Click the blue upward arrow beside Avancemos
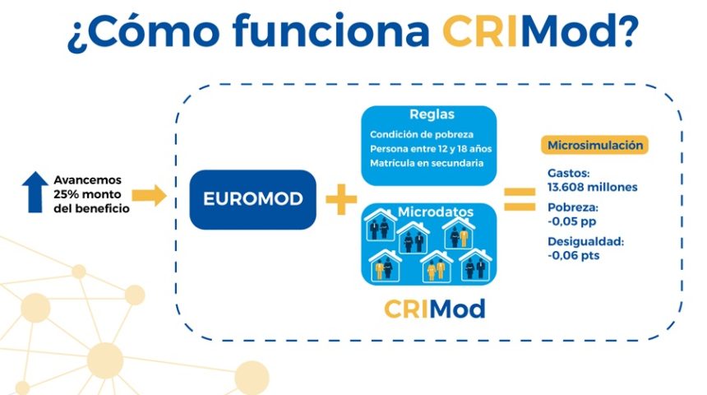coord(35,193)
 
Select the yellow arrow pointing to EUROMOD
coord(150,195)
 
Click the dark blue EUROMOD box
coord(252,199)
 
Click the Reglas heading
coord(432,114)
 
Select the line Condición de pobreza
coord(422,135)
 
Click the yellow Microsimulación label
coord(596,146)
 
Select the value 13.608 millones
coord(592,187)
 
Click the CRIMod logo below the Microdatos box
coord(434,309)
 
